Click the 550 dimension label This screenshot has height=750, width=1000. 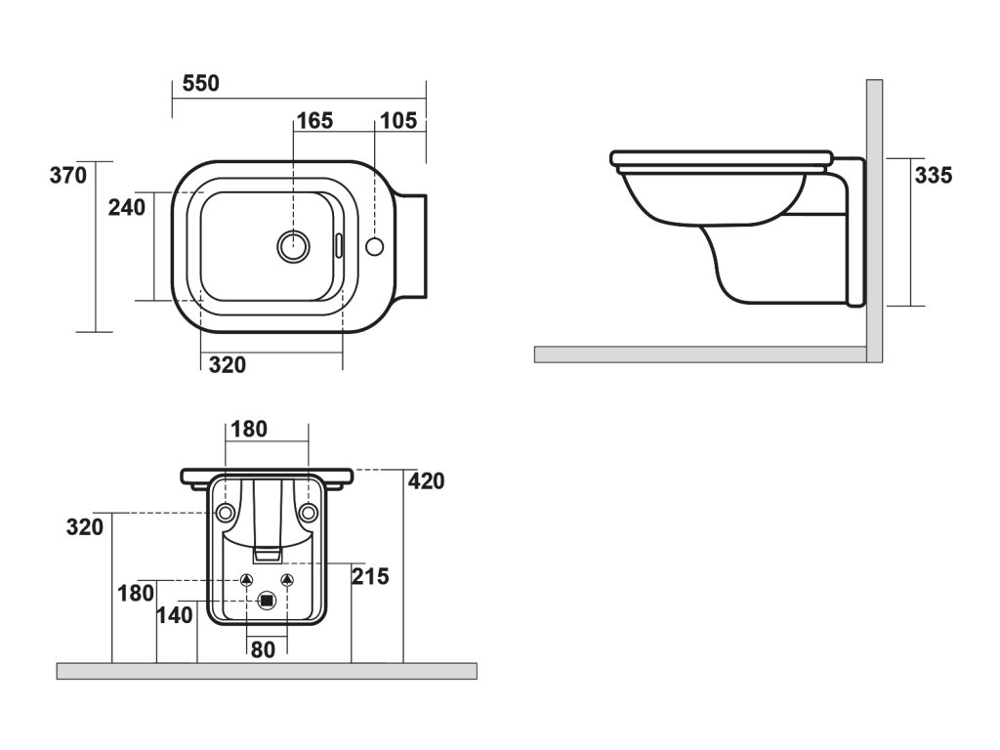coord(201,84)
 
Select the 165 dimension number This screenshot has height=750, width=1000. coord(314,121)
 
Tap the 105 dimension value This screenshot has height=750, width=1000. coord(398,121)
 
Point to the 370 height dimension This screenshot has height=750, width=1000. coord(69,176)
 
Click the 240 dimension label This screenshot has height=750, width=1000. coord(127,207)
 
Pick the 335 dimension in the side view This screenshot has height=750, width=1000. coord(934,176)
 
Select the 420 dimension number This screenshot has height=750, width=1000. coord(426,481)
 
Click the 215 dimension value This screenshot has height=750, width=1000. coord(370,577)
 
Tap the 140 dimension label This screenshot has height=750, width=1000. coord(176,615)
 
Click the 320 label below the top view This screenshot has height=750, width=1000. coord(228,365)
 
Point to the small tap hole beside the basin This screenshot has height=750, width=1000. coord(375,246)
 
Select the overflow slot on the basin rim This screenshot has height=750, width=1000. coord(338,244)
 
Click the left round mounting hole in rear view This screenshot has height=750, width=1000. coord(226,513)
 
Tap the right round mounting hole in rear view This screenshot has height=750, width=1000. coord(309,513)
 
